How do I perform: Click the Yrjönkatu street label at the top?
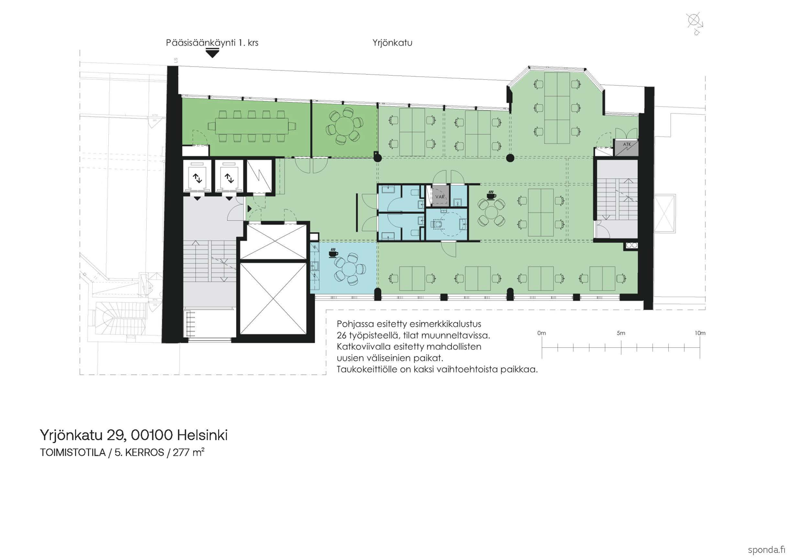[x=392, y=43]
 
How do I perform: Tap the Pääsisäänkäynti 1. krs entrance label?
[x=212, y=43]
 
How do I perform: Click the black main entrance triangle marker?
[x=212, y=53]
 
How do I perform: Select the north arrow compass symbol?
[x=695, y=22]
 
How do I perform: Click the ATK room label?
[x=627, y=145]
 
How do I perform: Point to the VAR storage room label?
[x=440, y=197]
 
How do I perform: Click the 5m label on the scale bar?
[x=621, y=333]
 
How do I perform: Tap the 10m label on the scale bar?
[x=699, y=333]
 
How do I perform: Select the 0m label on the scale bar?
[x=541, y=333]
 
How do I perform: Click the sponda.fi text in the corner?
[x=766, y=550]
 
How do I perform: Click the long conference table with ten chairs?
[x=251, y=126]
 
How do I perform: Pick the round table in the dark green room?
[x=344, y=126]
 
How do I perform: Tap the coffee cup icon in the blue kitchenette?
[x=333, y=253]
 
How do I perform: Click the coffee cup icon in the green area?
[x=490, y=195]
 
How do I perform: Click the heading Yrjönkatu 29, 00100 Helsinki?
[x=134, y=435]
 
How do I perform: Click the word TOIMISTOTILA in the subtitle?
[x=73, y=453]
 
